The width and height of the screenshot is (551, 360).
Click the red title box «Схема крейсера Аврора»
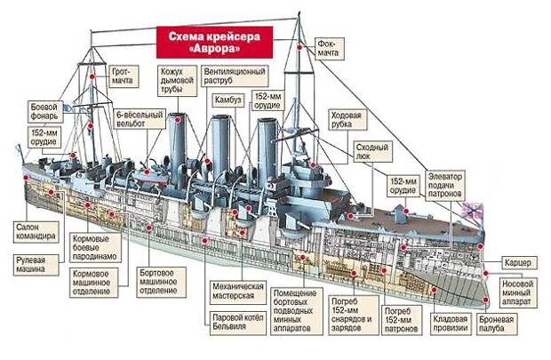pyautogui.click(x=214, y=42)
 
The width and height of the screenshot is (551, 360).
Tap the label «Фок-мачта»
pyautogui.click(x=329, y=49)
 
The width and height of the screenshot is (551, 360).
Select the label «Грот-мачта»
pyautogui.click(x=124, y=76)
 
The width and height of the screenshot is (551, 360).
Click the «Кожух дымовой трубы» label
pyautogui.click(x=177, y=81)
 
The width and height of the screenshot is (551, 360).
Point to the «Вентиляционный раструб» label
pyautogui.click(x=235, y=76)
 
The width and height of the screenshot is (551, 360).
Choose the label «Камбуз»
pyautogui.click(x=228, y=100)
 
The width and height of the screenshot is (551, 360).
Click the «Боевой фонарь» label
pyautogui.click(x=45, y=112)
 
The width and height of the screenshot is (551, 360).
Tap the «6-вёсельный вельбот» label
pyautogui.click(x=140, y=119)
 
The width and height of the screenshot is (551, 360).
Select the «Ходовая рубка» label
pyautogui.click(x=347, y=119)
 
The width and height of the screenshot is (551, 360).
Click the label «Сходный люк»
pyautogui.click(x=372, y=151)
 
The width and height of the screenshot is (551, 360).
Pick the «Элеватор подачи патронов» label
pyautogui.click(x=445, y=185)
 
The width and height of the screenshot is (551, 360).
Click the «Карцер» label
pyautogui.click(x=518, y=262)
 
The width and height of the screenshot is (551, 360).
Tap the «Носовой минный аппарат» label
pyautogui.click(x=518, y=292)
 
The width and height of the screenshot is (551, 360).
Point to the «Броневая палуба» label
pyautogui.click(x=497, y=324)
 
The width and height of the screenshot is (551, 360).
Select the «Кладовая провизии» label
pyautogui.click(x=451, y=324)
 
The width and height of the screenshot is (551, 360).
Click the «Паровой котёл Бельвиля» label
pyautogui.click(x=238, y=322)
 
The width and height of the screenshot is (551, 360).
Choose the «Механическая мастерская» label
pyautogui.click(x=238, y=292)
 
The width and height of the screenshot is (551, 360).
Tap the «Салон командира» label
pyautogui.click(x=36, y=232)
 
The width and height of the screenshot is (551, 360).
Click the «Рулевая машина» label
pyautogui.click(x=36, y=265)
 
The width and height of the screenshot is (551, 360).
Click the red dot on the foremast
pyautogui.click(x=299, y=47)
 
